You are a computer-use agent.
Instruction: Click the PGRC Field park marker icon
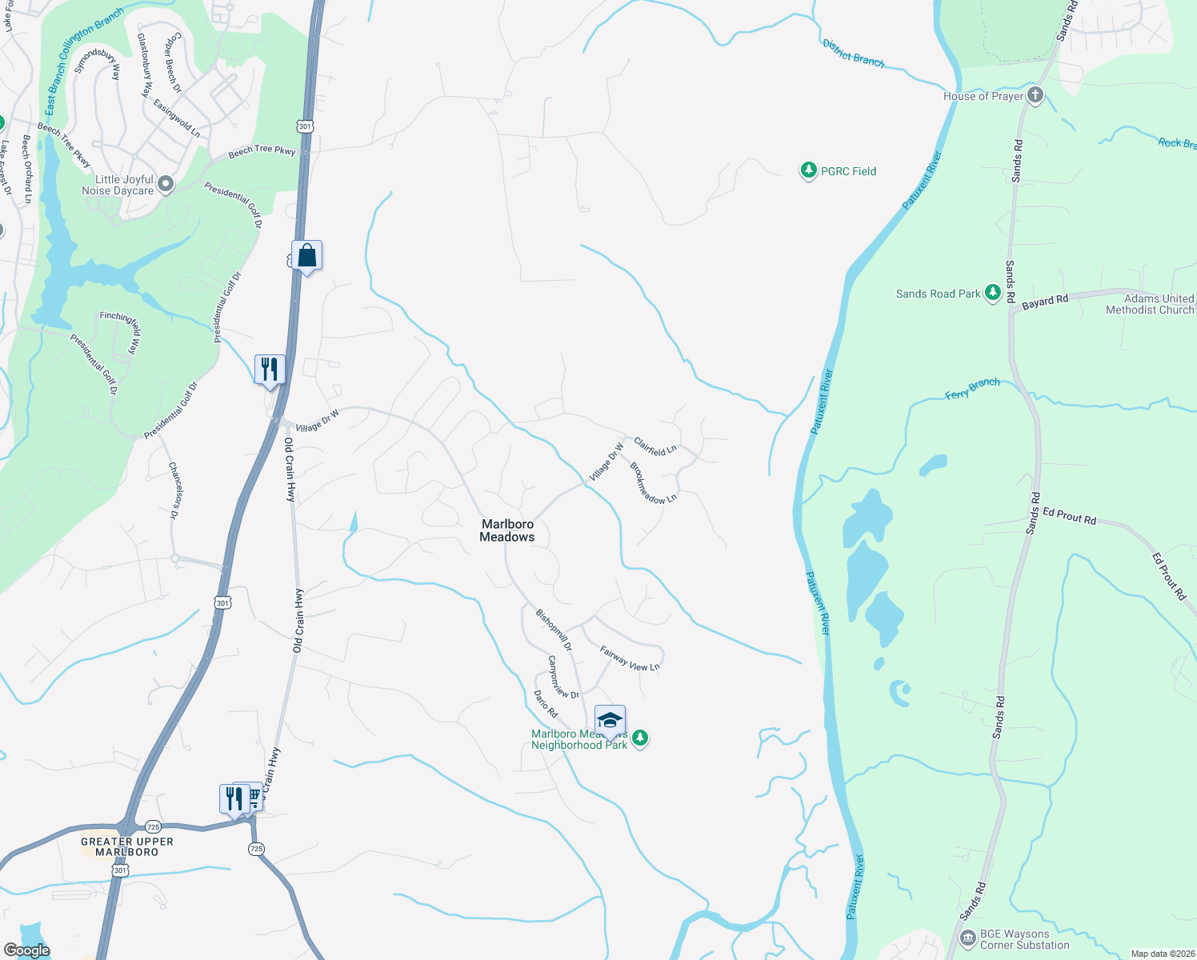[808, 170]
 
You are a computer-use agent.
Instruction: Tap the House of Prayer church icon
[1035, 96]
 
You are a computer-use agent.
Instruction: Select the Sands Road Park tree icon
[992, 294]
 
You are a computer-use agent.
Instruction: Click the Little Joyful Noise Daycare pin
[166, 185]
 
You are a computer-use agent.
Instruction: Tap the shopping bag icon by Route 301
[307, 256]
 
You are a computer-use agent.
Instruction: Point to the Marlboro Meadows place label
[507, 530]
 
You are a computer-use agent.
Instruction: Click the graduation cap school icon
[610, 720]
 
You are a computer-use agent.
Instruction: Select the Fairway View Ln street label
[630, 658]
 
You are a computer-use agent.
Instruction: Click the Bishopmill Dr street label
[554, 630]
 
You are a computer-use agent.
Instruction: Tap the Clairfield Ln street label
[655, 446]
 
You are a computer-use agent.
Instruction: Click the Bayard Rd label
[1045, 302]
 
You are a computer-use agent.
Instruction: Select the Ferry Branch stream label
[972, 389]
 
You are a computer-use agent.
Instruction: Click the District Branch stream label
[854, 53]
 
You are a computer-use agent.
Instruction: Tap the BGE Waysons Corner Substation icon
[968, 936]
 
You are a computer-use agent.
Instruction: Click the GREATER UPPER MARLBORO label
[127, 846]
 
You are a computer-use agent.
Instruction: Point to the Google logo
[27, 950]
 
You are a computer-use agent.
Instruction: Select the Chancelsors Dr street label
[174, 490]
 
